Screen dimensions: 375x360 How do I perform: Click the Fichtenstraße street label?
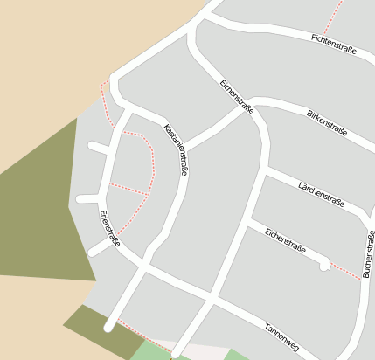334,44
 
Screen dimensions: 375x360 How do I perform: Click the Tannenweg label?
281,338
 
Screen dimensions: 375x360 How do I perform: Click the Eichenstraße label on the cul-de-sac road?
285,241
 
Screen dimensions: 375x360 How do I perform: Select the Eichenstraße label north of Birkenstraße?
236,96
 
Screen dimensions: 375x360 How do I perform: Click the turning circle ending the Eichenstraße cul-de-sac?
324,264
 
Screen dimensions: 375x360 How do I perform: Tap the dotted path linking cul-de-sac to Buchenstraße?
346,271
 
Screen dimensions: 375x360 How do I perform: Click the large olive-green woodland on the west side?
39,210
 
